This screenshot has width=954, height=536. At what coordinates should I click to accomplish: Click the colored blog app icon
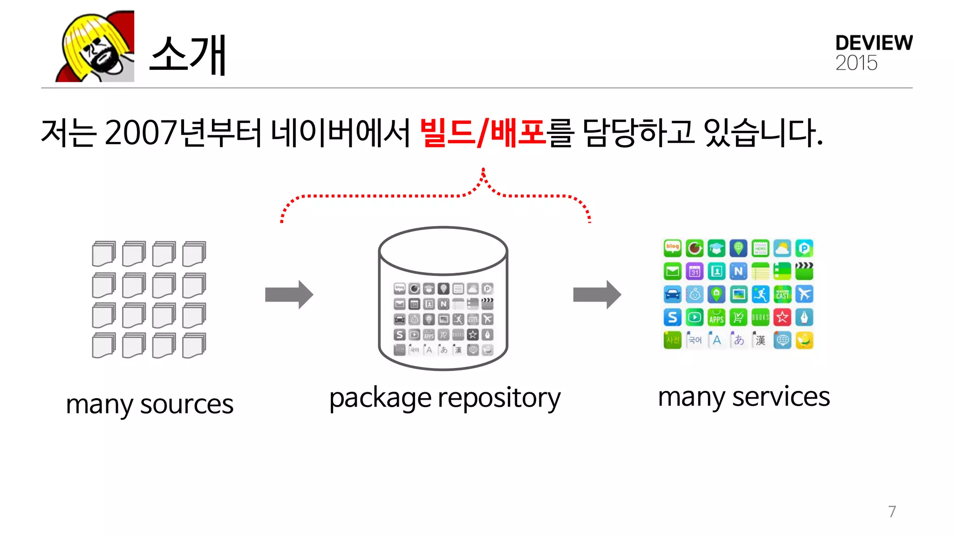click(x=672, y=248)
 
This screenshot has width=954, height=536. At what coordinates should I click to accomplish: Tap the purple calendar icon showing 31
click(x=695, y=271)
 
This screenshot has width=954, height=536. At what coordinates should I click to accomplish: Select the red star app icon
click(x=783, y=317)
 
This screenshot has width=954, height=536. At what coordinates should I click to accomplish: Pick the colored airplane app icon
click(x=804, y=294)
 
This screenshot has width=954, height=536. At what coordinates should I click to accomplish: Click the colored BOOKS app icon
click(x=760, y=317)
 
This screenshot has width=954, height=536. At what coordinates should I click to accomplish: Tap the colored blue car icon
click(x=672, y=294)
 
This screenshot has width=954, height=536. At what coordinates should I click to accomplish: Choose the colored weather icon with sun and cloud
click(x=783, y=248)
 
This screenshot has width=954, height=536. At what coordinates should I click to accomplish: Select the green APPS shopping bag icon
click(x=716, y=317)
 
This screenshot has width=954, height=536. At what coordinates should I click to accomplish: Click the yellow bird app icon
click(x=804, y=341)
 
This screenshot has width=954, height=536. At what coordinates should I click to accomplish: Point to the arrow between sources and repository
click(x=289, y=295)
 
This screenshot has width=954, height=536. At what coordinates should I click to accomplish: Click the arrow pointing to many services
click(x=597, y=295)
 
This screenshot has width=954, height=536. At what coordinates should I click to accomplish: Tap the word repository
click(x=499, y=399)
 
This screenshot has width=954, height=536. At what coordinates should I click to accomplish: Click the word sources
click(x=186, y=404)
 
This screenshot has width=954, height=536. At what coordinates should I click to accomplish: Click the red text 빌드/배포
click(x=483, y=133)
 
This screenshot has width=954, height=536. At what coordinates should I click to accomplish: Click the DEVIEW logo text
click(x=873, y=43)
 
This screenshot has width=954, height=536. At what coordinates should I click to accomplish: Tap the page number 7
click(x=892, y=511)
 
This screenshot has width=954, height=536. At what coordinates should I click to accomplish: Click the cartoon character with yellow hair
click(x=95, y=47)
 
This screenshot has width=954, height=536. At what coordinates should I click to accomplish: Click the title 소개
click(x=188, y=55)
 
